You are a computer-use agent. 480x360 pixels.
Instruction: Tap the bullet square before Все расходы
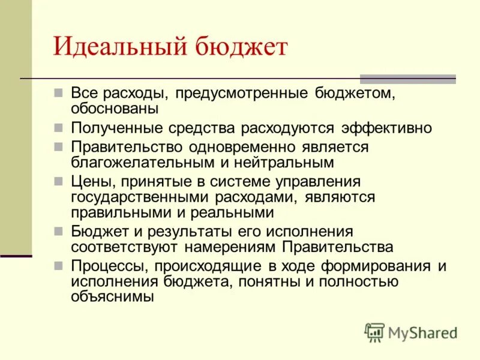pos(58,94)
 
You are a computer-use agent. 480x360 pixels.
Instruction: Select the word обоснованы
pos(115,109)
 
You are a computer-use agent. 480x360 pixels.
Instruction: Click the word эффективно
pos(386,128)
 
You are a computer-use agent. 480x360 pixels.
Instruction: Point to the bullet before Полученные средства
pos(58,128)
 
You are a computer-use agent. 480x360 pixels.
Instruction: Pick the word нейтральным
pos(286,162)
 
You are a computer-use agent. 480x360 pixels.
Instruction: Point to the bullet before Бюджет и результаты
pos(58,232)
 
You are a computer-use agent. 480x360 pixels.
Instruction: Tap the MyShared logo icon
pos(374,332)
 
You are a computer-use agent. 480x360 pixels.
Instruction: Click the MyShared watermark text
pos(422,332)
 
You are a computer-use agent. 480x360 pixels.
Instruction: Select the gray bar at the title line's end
pos(407,79)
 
